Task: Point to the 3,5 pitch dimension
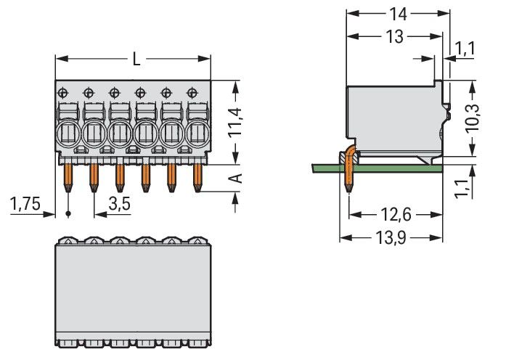[119, 204]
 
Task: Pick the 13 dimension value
[394, 37]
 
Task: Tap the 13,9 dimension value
[391, 237]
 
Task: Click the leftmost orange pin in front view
[68, 176]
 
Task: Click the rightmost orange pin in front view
[197, 176]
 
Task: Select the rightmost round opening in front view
[197, 134]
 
